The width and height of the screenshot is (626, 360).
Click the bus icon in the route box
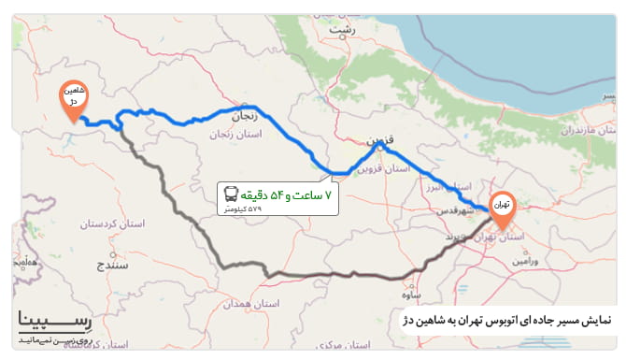click(x=231, y=194)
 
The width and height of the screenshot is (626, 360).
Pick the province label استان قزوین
click(x=385, y=169)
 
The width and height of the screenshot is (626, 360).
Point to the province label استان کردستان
click(x=85, y=224)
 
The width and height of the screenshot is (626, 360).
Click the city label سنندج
click(x=113, y=266)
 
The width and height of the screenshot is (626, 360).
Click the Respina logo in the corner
click(x=55, y=323)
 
